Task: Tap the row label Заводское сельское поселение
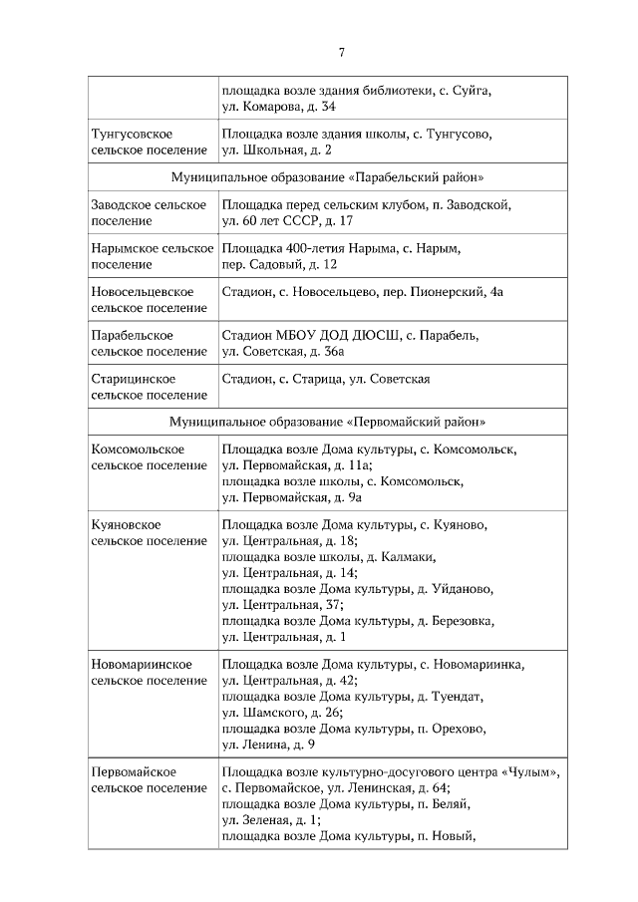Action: [150, 212]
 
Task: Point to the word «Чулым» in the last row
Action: [534, 772]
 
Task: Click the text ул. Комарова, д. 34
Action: [278, 107]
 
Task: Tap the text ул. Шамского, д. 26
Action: [282, 713]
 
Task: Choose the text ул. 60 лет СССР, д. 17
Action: [287, 220]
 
